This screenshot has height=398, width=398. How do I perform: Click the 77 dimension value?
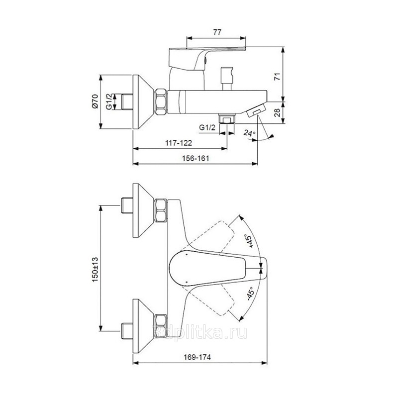coord(217,32)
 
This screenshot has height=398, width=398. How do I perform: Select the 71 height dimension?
coord(278,77)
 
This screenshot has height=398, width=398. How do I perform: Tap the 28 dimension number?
coord(278,112)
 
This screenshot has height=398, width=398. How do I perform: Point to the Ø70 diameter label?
coord(95,101)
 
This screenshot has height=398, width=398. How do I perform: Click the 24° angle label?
coord(250,133)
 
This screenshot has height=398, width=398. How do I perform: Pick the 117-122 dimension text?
coord(179,143)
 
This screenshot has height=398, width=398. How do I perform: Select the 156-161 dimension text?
coord(196,158)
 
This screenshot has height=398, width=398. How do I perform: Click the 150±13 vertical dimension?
coord(95,270)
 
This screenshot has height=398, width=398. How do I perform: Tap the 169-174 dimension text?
coord(197,357)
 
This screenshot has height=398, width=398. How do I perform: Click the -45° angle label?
coord(250,294)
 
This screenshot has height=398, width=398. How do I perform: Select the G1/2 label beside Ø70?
coord(109,101)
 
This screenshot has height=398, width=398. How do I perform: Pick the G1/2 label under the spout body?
coord(207,127)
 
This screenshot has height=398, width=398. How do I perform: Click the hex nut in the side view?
coord(161,102)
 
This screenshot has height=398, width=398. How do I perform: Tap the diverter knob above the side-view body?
coord(227,79)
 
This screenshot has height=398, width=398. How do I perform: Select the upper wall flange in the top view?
coord(143,210)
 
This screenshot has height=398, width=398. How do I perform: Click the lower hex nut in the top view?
coord(161,326)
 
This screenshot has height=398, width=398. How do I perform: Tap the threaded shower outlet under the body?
coord(227,119)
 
